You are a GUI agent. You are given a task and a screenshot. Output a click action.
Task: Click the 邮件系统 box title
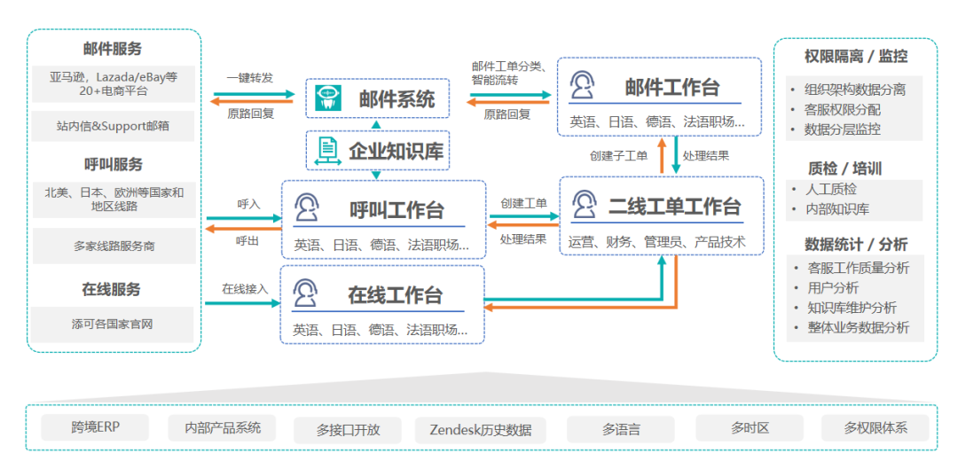397,99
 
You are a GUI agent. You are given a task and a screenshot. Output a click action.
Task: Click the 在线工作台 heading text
395,295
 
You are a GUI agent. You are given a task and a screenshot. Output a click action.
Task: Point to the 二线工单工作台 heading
674,207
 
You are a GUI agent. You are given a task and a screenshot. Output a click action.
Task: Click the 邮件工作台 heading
672,87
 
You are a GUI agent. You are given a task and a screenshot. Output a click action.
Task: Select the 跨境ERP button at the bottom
95,427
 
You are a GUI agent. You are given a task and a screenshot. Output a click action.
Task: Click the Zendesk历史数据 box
481,430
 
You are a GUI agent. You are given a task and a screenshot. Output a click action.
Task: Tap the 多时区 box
750,428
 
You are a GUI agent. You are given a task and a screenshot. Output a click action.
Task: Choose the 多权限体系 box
876,428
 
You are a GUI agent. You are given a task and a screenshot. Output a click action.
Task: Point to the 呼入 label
248,204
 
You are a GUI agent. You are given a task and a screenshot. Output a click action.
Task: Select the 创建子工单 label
618,155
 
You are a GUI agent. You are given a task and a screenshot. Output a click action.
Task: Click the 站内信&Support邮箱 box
113,126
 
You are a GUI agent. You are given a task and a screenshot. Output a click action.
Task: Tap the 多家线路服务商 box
113,246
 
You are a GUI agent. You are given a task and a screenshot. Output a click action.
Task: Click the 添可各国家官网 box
113,324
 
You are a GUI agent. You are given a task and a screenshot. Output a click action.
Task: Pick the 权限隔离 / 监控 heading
855,57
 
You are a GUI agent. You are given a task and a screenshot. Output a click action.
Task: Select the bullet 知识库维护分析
852,308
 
